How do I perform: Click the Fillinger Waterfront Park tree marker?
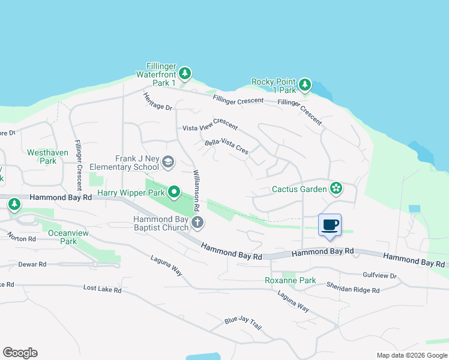(x=185, y=74)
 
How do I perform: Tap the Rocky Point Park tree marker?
(x=305, y=85)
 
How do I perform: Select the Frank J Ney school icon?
(x=168, y=161)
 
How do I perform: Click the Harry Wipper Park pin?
(x=174, y=192)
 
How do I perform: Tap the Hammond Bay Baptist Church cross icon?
(x=197, y=224)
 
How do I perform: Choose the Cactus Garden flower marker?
(x=336, y=189)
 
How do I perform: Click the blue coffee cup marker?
(x=330, y=225)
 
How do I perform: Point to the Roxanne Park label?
(x=291, y=280)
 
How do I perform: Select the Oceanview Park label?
(x=63, y=237)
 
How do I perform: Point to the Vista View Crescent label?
(x=210, y=128)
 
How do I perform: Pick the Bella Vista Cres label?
(x=226, y=146)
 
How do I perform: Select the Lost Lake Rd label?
(x=102, y=289)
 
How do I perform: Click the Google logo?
(x=20, y=353)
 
